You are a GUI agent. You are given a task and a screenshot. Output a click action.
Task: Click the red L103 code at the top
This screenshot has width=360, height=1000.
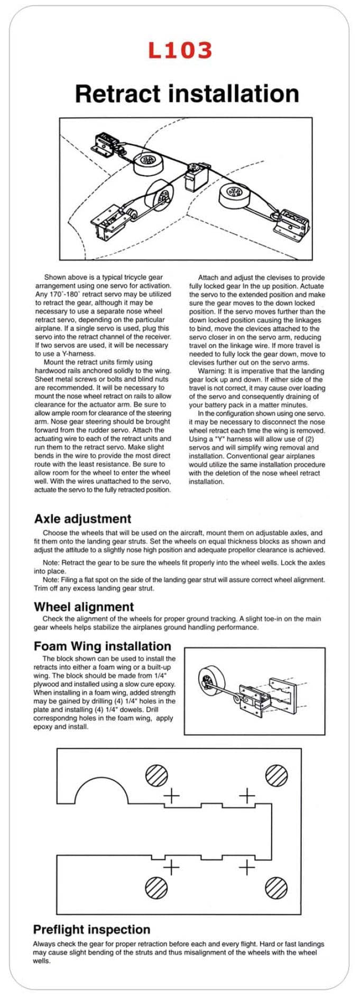point(180,51)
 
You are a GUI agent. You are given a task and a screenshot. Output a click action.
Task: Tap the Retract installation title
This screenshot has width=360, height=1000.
point(187,94)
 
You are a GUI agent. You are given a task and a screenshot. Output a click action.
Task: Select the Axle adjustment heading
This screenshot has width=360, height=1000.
point(82,519)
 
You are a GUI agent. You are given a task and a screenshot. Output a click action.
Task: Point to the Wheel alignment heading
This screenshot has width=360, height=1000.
point(84,607)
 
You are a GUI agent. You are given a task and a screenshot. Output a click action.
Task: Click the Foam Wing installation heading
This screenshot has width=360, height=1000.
point(102,646)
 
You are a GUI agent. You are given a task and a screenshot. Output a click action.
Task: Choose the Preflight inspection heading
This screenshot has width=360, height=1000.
point(91,930)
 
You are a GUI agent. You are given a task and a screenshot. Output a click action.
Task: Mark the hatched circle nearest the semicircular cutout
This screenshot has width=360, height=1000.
point(156,776)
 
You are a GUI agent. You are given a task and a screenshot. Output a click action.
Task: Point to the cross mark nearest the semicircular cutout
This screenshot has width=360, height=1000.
point(172,795)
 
